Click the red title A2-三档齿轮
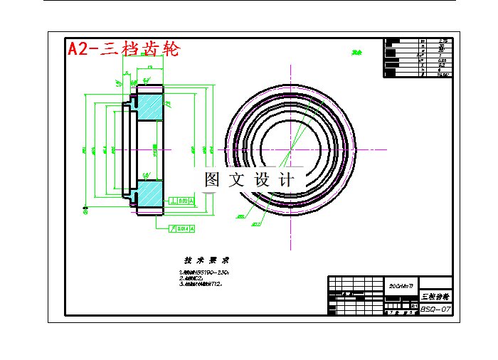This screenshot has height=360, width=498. point(122,48)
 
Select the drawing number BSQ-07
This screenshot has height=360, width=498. point(435,309)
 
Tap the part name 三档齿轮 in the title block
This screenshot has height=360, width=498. point(435,295)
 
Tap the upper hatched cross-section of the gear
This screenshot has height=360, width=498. point(149,107)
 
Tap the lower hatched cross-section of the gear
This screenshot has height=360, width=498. point(149,193)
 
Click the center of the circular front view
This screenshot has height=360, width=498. point(292,150)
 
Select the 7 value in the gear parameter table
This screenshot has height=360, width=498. point(442,55)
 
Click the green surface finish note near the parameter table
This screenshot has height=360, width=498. point(356,52)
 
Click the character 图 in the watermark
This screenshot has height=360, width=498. point(212,179)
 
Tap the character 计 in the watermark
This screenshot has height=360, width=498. point(287,179)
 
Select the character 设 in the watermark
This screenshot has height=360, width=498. point(263,179)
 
